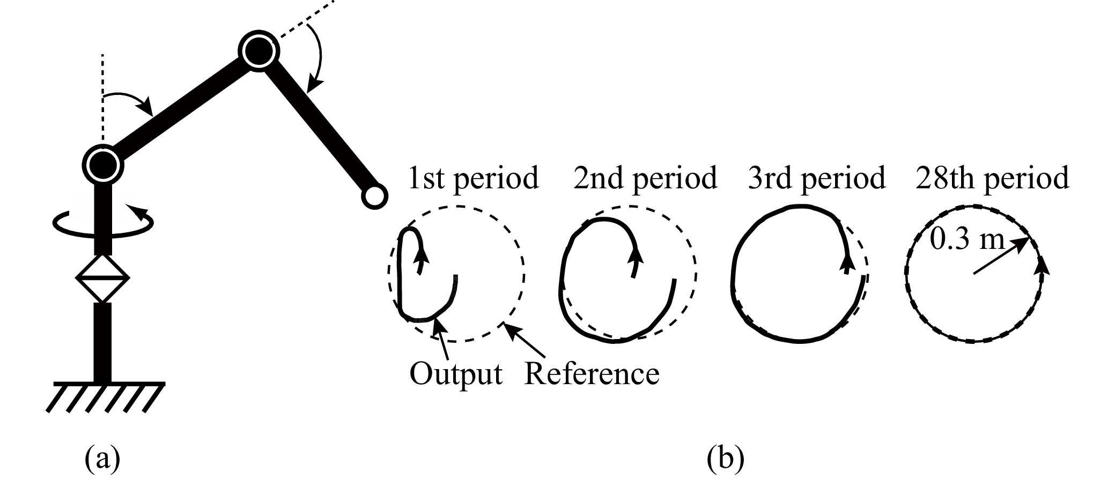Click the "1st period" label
pyautogui.click(x=473, y=179)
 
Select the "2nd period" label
pyautogui.click(x=645, y=179)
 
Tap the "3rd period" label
pyautogui.click(x=816, y=179)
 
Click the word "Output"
pyautogui.click(x=456, y=373)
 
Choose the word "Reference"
pyautogui.click(x=591, y=373)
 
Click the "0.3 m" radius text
pyautogui.click(x=966, y=239)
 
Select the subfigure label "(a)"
pyautogui.click(x=102, y=459)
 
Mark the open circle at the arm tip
pyautogui.click(x=373, y=196)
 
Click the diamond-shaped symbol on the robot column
pyautogui.click(x=102, y=278)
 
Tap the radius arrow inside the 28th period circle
pyautogui.click(x=1001, y=256)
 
